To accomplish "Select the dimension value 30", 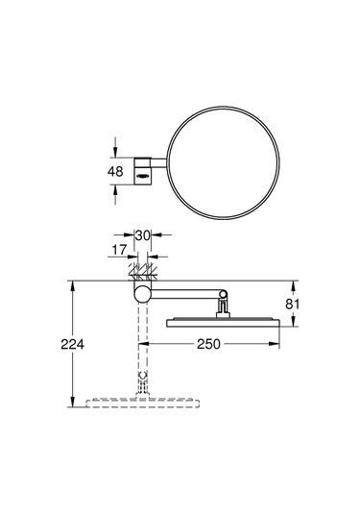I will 142,234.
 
